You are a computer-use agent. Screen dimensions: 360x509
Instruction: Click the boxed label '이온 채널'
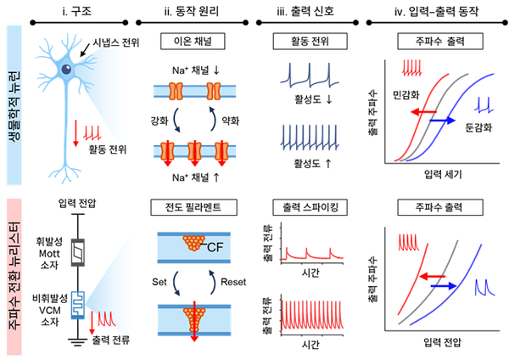(196, 40)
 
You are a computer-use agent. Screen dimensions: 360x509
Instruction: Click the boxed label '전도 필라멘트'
(196, 208)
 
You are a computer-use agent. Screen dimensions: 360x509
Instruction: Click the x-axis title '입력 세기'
(441, 173)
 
